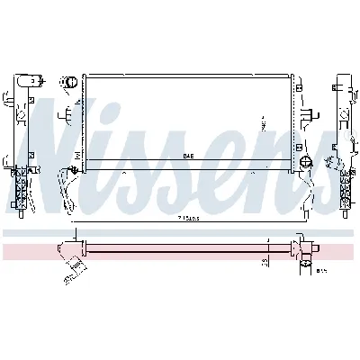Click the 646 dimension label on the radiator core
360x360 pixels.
pos(188,156)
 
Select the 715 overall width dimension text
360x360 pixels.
pos(188,218)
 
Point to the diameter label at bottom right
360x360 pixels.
pos(319,267)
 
